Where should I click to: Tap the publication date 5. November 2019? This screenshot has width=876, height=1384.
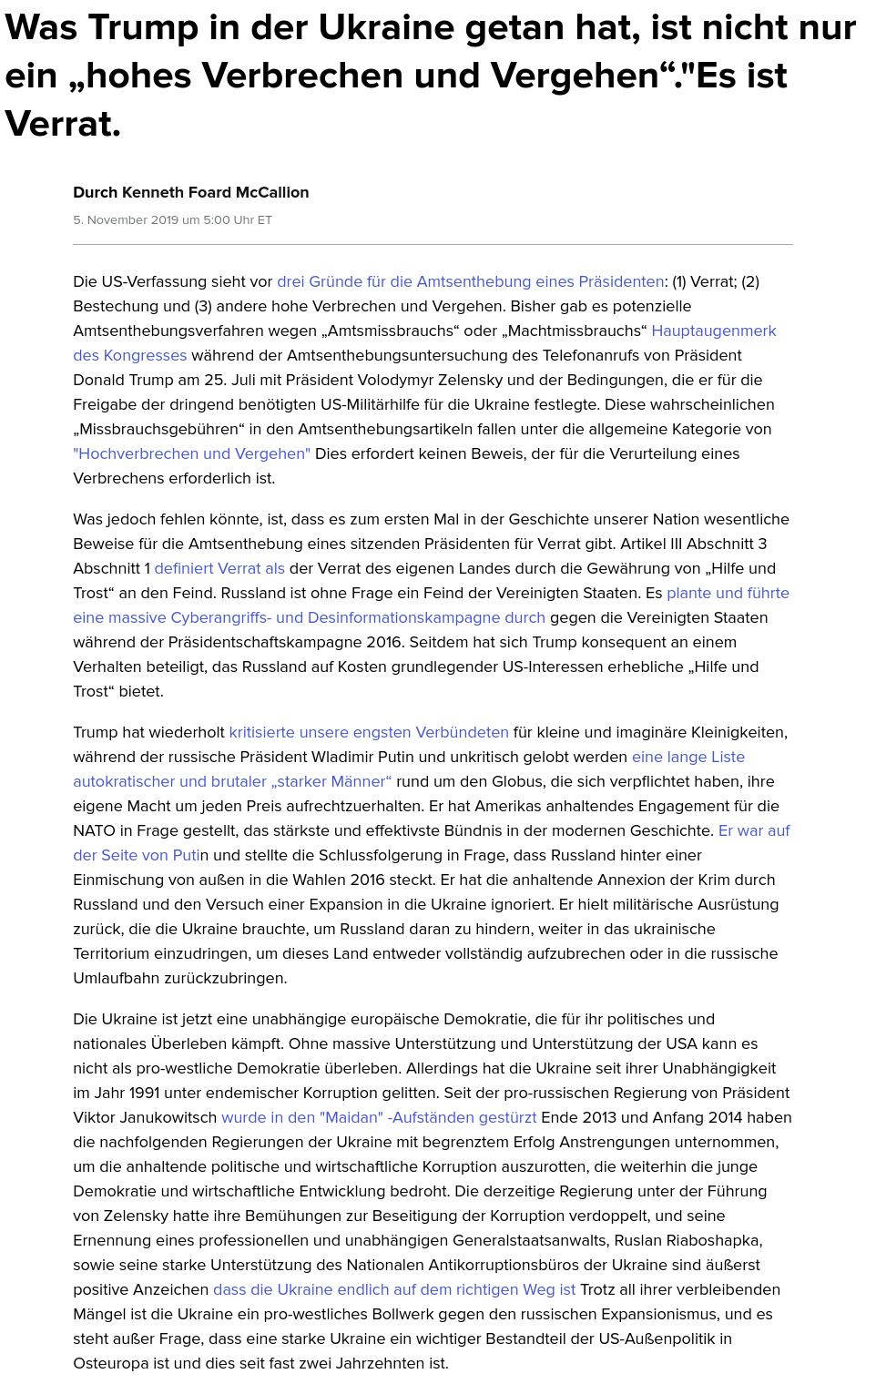point(127,219)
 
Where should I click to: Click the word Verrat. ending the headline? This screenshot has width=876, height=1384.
point(62,123)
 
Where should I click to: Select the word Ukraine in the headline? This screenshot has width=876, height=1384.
point(386,28)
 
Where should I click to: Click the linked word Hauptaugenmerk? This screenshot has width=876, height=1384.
point(713,331)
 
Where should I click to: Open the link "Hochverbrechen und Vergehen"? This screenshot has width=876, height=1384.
point(191,453)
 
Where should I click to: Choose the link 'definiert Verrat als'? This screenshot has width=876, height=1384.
point(219,568)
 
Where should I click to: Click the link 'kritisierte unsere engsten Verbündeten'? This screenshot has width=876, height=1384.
point(368,732)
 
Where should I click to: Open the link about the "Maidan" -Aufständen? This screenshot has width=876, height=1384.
point(379,1117)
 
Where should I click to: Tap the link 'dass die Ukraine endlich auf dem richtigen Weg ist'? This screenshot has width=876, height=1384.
point(393,1289)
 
